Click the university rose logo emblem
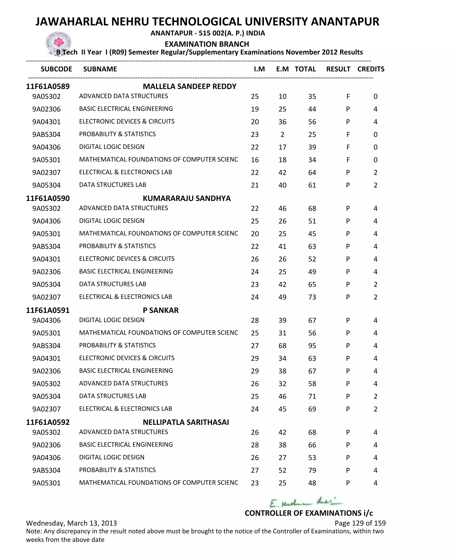pos(58,43)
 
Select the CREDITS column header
pos(371,69)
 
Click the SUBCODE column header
pos(56,69)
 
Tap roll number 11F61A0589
pos(48,86)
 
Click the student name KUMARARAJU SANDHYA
pos(187,198)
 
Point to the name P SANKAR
pos(161,310)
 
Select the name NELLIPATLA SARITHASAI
pos(186,422)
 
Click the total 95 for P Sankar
pos(312,346)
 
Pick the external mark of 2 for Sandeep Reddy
pos(282,135)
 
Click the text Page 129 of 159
pos(360,523)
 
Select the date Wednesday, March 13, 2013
pos(71,523)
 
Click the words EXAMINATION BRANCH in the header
pos(207,44)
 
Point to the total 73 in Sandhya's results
pos(312,297)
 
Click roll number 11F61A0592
pos(48,422)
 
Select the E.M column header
pos(282,69)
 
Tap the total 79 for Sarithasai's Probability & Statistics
pos(312,470)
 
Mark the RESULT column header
pos(338,69)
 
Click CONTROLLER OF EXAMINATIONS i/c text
pos(309,513)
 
